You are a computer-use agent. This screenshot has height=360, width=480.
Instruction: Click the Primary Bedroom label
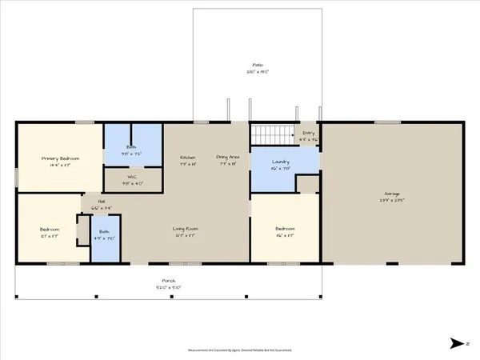click(61, 159)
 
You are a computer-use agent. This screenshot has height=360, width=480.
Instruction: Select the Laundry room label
click(280, 162)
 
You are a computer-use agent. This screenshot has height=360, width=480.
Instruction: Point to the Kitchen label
click(188, 157)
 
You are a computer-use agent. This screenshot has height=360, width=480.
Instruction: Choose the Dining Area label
click(228, 157)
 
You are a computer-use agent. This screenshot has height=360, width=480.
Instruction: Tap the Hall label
click(102, 202)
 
